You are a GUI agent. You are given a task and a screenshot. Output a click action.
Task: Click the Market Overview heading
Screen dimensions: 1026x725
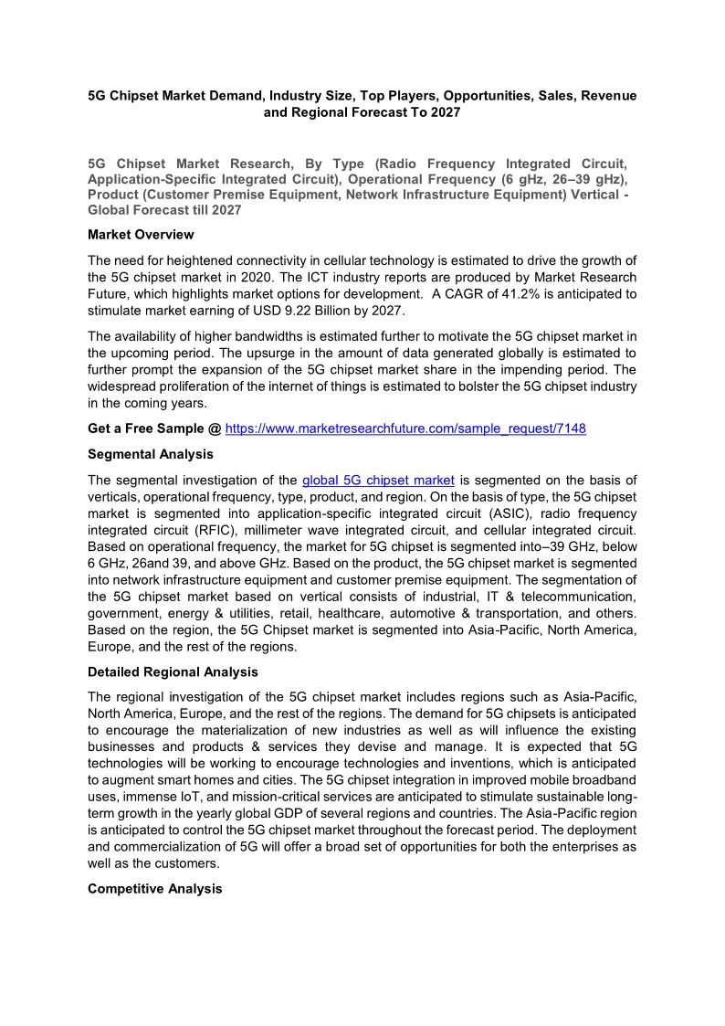141,235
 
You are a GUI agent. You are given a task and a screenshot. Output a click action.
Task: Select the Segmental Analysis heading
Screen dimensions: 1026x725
151,454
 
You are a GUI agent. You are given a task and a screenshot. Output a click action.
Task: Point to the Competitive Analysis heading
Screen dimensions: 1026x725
154,889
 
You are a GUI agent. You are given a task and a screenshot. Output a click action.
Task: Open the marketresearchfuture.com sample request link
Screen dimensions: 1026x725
405,428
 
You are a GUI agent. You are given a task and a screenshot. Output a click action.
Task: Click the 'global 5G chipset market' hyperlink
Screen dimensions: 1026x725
378,480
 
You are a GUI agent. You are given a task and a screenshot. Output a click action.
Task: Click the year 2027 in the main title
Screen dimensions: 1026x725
442,113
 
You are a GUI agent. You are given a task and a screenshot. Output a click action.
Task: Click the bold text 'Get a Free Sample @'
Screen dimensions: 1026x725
154,428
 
